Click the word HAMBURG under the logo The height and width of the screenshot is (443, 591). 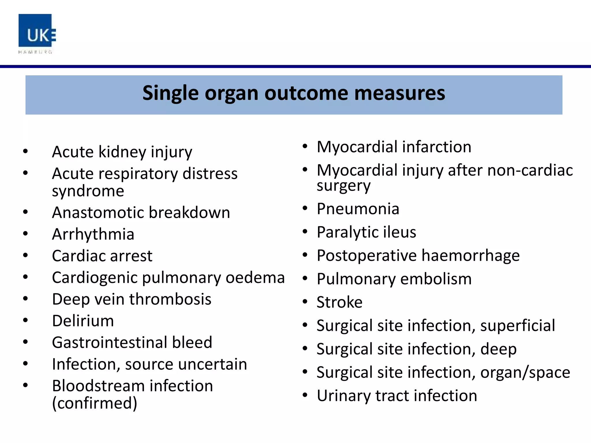(x=35, y=52)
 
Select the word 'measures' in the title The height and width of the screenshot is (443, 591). (x=399, y=93)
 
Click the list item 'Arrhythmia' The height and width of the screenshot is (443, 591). (x=93, y=234)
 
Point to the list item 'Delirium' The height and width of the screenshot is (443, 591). (x=83, y=321)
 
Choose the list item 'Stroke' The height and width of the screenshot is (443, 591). (x=339, y=302)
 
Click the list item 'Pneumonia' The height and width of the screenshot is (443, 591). (x=358, y=209)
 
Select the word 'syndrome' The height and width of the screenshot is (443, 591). (x=88, y=191)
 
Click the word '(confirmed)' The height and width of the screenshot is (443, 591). (x=94, y=403)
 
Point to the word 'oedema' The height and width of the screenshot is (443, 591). (x=255, y=278)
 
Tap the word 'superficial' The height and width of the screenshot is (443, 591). (x=517, y=326)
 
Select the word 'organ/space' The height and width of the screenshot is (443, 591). (x=525, y=373)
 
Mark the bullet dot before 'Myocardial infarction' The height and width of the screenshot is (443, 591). (x=305, y=146)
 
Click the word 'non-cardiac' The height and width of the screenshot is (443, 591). (x=530, y=170)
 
